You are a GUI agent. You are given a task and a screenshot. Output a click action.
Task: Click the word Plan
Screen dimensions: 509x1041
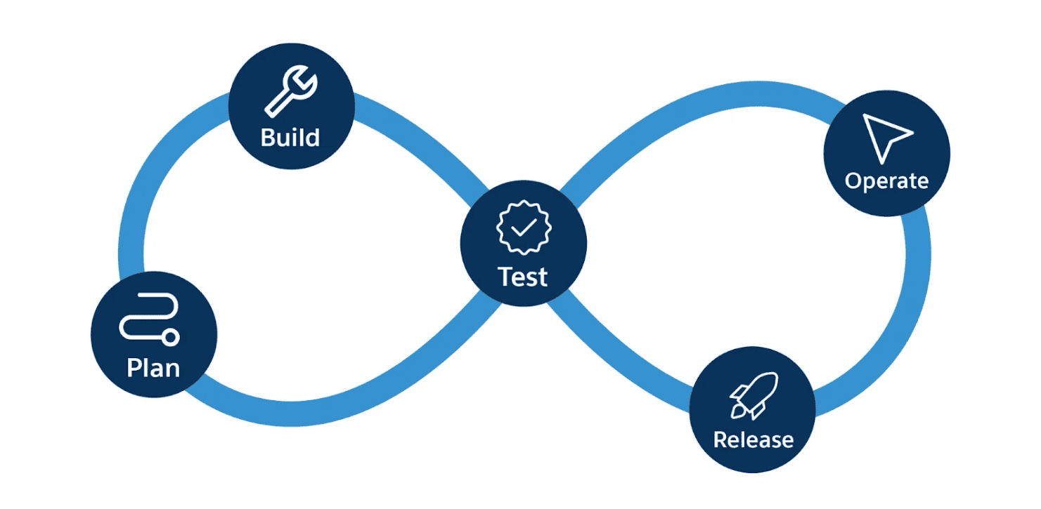[153, 367]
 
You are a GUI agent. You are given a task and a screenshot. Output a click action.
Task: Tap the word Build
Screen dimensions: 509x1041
[290, 137]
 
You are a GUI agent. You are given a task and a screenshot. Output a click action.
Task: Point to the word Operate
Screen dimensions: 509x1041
[886, 181]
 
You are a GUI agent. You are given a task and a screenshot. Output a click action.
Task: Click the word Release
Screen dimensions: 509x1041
[753, 439]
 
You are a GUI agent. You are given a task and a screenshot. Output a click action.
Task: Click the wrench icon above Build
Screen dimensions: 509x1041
[290, 91]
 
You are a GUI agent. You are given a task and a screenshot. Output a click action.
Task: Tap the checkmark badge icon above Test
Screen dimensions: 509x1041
[524, 227]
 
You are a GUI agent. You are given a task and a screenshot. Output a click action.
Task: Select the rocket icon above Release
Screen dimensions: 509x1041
[754, 394]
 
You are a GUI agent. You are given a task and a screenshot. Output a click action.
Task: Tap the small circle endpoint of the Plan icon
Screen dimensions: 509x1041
[170, 338]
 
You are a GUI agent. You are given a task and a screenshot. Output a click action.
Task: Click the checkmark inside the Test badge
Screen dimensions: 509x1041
[524, 227]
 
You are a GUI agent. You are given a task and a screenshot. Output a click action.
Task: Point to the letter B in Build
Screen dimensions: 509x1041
[268, 137]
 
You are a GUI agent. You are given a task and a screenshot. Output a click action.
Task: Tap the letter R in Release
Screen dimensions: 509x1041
[721, 439]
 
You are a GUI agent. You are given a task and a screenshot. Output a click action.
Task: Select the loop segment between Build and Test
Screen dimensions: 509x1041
[422, 140]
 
